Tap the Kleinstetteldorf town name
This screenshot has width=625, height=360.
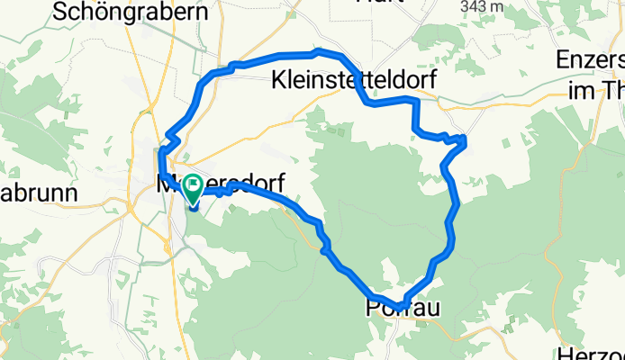(x=354, y=81)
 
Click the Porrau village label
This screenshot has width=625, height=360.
(x=403, y=308)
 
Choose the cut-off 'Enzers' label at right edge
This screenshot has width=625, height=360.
(x=592, y=62)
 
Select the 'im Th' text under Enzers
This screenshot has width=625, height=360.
(x=597, y=90)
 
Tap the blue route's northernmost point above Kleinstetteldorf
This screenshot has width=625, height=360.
(x=319, y=50)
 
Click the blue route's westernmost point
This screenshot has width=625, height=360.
(x=160, y=162)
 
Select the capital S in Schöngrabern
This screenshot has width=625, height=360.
(x=61, y=12)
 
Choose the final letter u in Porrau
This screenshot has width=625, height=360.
(x=432, y=308)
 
